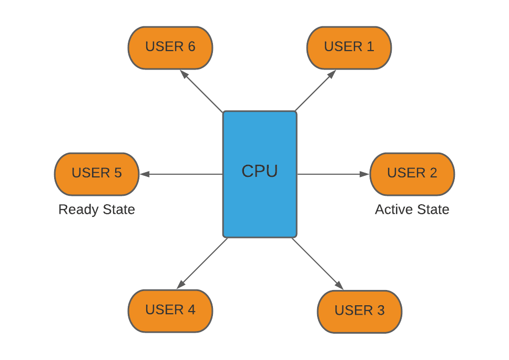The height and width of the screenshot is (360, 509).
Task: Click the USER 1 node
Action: (349, 47)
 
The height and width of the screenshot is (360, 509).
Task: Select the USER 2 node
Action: (412, 174)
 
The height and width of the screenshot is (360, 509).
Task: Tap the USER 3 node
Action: (359, 311)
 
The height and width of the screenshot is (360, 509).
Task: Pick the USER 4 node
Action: (170, 311)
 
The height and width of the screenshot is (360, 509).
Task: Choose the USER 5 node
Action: (96, 174)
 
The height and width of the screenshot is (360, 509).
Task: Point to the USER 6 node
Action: (170, 47)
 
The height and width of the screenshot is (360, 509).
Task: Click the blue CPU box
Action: (260, 174)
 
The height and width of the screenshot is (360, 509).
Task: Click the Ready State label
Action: (96, 209)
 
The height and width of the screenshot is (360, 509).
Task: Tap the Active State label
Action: (412, 209)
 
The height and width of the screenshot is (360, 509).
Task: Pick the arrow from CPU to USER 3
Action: (317, 263)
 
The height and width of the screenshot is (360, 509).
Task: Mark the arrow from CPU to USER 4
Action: (203, 263)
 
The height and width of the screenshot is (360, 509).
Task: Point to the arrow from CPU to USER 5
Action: (181, 174)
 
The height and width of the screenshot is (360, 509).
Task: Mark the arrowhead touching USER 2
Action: (365, 174)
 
